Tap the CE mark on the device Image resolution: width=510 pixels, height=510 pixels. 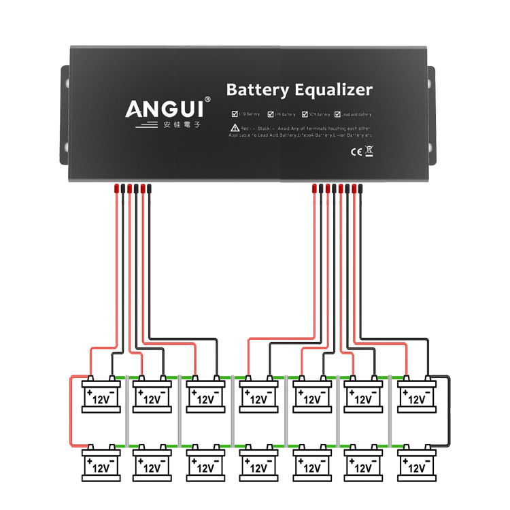pos(355,152)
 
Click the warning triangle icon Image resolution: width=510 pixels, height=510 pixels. pos(234,128)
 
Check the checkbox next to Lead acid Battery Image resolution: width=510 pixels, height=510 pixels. pos(337,114)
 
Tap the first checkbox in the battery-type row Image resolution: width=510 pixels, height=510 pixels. pos(235,114)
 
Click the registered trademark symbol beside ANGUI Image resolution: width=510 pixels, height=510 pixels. pos(207,99)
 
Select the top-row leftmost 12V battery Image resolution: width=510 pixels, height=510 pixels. pos(101,396)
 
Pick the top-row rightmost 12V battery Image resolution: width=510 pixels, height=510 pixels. pos(416,396)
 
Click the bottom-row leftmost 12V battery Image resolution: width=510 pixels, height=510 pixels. pos(101,467)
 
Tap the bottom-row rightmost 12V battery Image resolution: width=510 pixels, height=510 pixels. pos(416,467)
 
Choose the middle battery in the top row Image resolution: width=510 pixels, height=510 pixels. pos(258,396)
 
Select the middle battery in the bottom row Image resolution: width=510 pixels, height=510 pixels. pos(258,467)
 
